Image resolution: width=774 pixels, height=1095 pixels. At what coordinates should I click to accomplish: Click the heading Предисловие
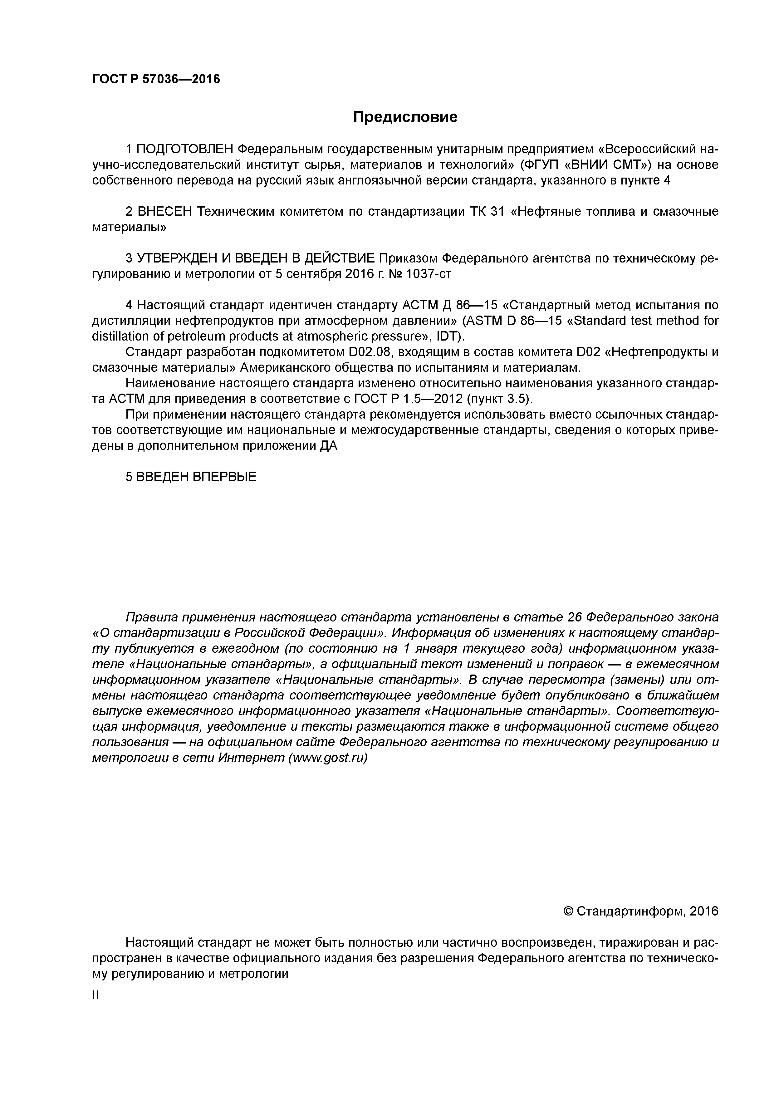[405, 117]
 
